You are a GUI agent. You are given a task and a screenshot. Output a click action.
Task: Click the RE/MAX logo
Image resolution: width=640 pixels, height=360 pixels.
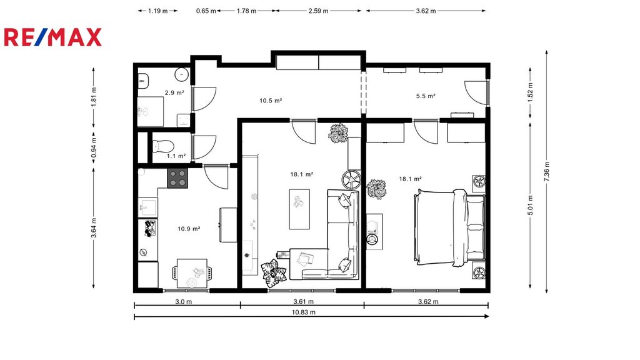[x=52, y=37]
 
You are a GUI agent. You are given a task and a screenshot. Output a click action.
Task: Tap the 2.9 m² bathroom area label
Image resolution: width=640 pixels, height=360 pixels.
[x=174, y=92]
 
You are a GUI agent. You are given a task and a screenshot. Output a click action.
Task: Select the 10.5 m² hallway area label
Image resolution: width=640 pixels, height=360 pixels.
[x=271, y=101]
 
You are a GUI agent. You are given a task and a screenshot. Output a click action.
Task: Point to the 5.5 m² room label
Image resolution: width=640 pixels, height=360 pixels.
[x=426, y=96]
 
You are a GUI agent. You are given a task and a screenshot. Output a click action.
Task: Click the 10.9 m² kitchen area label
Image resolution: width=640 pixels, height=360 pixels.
[x=189, y=229]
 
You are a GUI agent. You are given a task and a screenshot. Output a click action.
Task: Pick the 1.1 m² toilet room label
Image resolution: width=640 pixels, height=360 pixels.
[x=176, y=156]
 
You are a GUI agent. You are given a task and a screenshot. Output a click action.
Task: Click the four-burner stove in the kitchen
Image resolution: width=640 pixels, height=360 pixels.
[x=177, y=178]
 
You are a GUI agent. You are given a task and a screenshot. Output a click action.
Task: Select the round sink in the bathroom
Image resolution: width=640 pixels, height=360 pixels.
[x=182, y=74]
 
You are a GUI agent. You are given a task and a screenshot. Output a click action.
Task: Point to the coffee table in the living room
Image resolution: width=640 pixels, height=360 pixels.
[x=299, y=209]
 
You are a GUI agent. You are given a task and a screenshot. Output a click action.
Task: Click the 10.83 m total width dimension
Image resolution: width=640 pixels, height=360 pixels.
[x=304, y=312]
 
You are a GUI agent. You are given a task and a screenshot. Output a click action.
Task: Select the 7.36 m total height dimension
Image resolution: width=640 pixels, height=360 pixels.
[x=547, y=171]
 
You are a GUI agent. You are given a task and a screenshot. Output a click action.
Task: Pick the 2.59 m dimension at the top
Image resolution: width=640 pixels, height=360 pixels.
[x=318, y=11]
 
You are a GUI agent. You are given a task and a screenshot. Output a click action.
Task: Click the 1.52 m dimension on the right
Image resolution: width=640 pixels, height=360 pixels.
[x=530, y=92]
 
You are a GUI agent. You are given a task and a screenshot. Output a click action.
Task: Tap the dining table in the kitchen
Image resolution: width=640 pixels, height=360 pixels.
[x=192, y=273]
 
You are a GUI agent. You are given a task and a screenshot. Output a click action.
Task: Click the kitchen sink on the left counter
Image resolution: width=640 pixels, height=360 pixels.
[x=147, y=207]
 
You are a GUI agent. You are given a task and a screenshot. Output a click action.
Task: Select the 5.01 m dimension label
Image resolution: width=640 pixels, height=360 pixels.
[x=530, y=205]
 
